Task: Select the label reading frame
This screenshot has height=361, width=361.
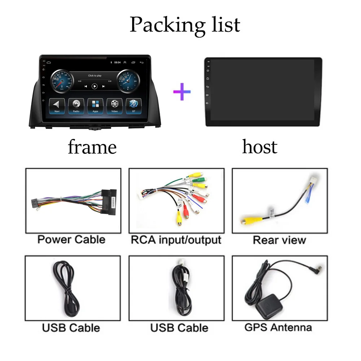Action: [x=92, y=147]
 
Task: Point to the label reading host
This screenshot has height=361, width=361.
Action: [x=260, y=147]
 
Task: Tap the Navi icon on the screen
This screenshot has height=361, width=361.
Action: [x=57, y=105]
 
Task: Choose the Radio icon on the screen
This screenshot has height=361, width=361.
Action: [x=76, y=105]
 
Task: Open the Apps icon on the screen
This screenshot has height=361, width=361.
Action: [x=95, y=105]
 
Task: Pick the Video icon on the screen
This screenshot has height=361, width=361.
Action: [x=114, y=105]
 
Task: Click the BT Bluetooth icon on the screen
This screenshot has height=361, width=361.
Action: [x=134, y=105]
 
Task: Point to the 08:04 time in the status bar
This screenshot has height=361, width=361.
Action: [x=117, y=62]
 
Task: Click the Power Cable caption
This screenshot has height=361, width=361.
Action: [x=71, y=239]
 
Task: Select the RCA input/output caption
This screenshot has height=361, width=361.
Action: [x=176, y=239]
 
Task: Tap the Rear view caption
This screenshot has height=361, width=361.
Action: [x=279, y=240]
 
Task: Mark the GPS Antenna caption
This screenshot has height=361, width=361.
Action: [x=278, y=327]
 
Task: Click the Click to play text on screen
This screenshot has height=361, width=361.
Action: [x=95, y=75]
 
